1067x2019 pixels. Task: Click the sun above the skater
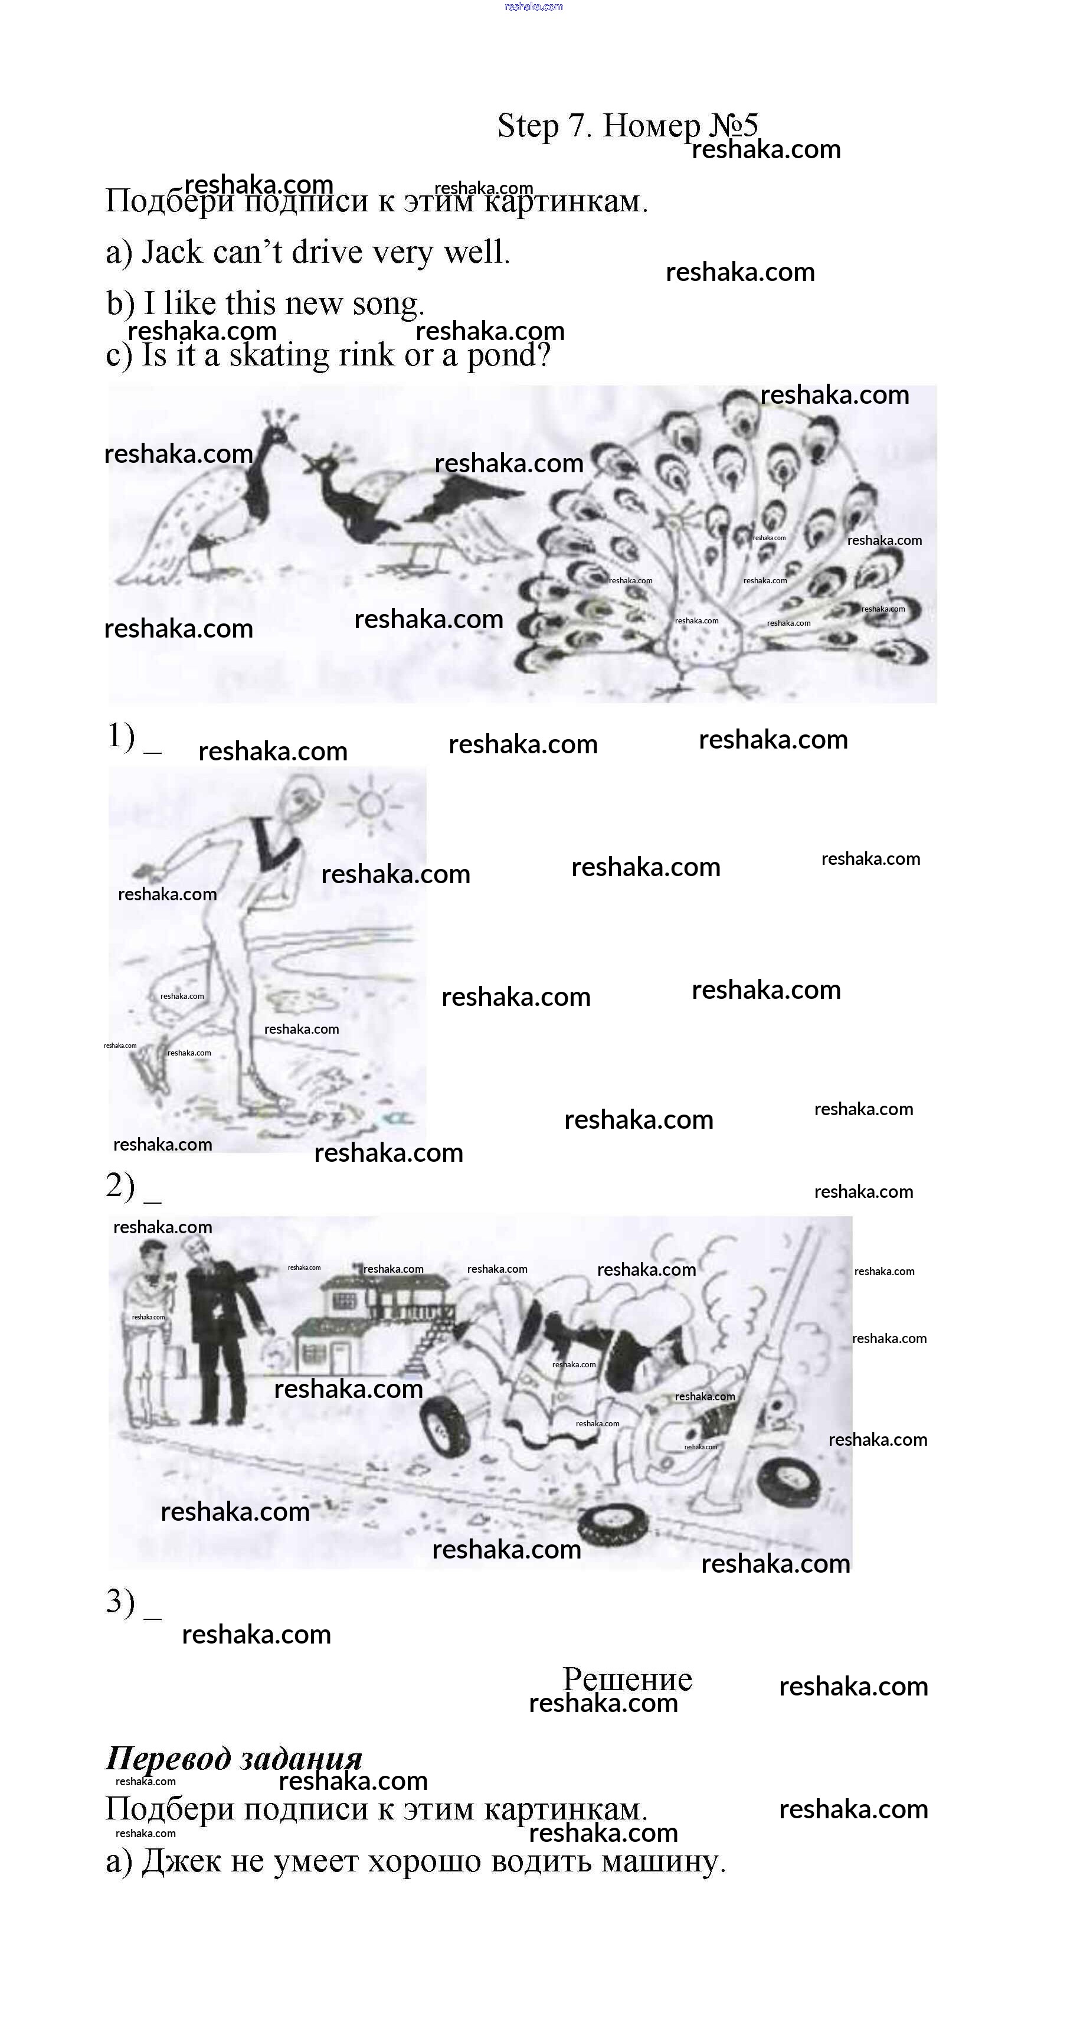(371, 803)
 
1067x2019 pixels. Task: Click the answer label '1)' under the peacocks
(122, 736)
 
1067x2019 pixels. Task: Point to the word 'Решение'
(627, 1680)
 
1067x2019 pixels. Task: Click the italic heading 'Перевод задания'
(234, 1758)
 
